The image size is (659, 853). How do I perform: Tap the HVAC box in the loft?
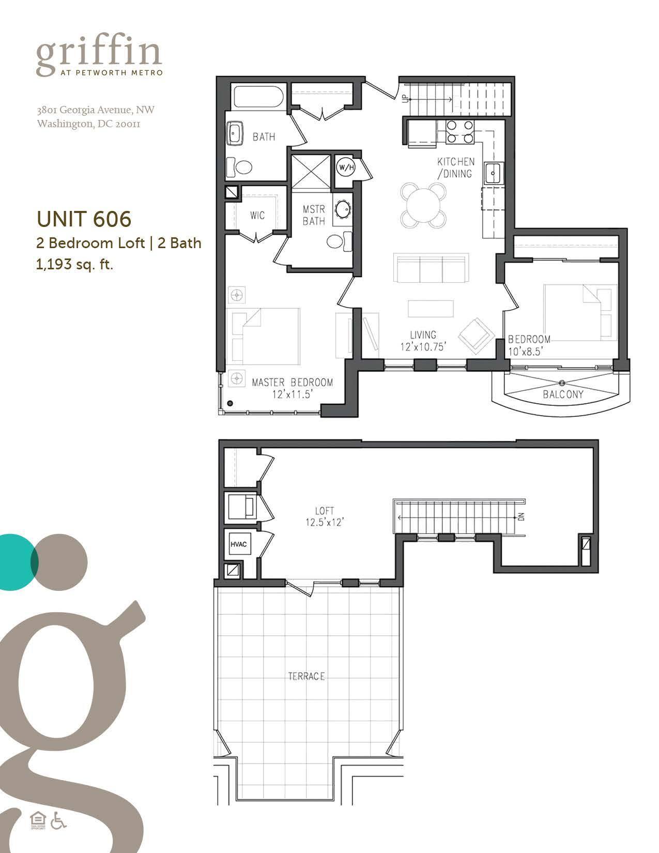239,544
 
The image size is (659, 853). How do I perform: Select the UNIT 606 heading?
84,219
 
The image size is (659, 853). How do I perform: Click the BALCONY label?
563,394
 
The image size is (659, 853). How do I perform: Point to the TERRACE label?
306,676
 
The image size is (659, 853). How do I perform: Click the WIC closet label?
257,215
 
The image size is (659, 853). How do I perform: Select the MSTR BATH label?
314,215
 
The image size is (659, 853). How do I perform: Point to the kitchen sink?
493,173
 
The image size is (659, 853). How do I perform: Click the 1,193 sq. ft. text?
74,266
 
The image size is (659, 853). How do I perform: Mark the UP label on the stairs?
406,98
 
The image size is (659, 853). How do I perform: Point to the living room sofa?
431,268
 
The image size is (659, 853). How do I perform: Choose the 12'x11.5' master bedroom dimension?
293,394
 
